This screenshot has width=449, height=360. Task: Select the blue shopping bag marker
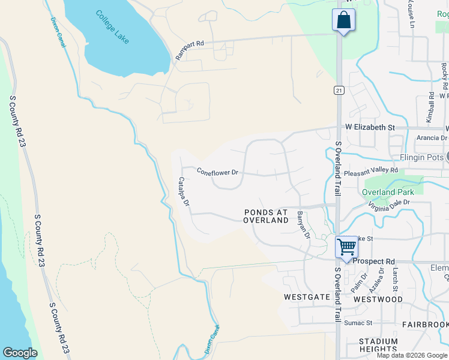tap(343, 20)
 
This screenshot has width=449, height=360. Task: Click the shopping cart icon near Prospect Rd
tap(346, 247)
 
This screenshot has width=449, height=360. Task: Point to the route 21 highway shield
tap(339, 89)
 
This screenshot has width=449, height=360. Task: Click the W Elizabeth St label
tap(370, 128)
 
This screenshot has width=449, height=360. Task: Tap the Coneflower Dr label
tap(218, 172)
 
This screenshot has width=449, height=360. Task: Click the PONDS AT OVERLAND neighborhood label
tap(266, 216)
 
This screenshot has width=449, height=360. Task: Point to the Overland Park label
tap(388, 192)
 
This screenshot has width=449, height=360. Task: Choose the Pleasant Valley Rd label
tap(371, 170)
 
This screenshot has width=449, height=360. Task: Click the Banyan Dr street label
tap(304, 224)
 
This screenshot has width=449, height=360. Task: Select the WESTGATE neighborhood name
tap(307, 297)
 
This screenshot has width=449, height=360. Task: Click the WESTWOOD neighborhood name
tap(378, 299)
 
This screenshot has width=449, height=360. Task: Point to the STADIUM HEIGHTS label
tap(378, 346)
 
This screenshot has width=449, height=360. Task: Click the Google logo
tap(20, 353)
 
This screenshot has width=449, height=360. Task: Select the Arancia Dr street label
tap(431, 137)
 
